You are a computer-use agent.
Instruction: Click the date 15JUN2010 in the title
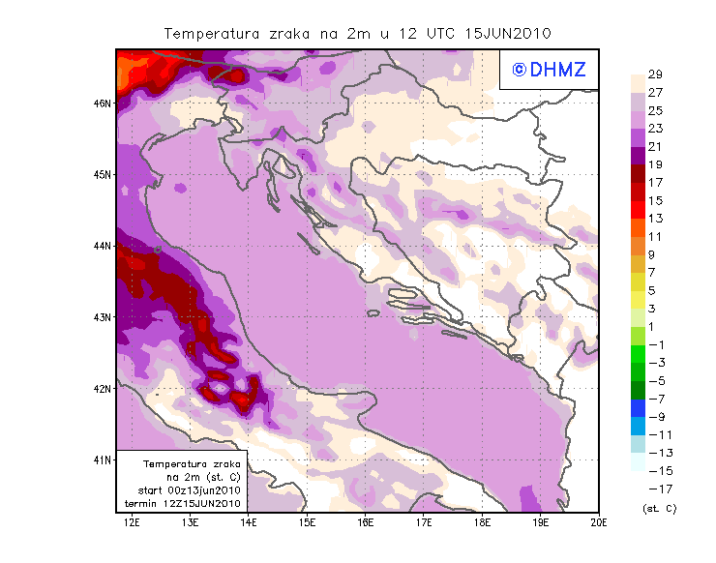click(508, 33)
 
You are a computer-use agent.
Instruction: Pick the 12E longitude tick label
click(132, 522)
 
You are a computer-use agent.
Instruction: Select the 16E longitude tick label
click(366, 522)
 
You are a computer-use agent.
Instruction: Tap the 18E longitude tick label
click(482, 522)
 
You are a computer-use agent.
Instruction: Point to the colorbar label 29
click(655, 74)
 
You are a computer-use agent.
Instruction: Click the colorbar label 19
click(655, 164)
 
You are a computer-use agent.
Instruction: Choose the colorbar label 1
click(655, 326)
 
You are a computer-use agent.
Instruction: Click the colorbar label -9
click(655, 416)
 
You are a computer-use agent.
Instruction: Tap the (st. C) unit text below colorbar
click(659, 508)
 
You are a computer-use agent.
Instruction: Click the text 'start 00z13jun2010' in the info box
click(189, 490)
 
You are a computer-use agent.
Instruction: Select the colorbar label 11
click(655, 237)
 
